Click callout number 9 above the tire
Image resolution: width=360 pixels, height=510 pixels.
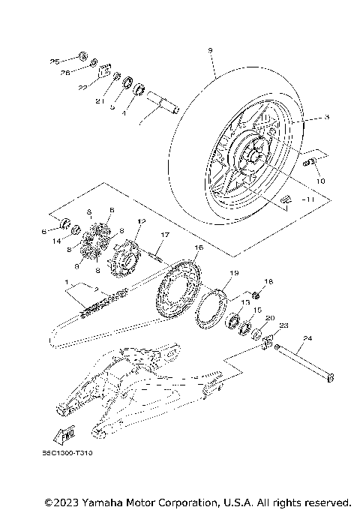pos(211,50)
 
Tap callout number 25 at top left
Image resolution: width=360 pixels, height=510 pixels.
pos(54,61)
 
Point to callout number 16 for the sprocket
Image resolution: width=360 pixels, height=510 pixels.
pos(199,247)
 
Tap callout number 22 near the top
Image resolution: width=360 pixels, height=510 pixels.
pos(83,88)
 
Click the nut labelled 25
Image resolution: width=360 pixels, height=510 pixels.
pos(82,57)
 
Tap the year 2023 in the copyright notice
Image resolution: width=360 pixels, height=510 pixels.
pos(68,500)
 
